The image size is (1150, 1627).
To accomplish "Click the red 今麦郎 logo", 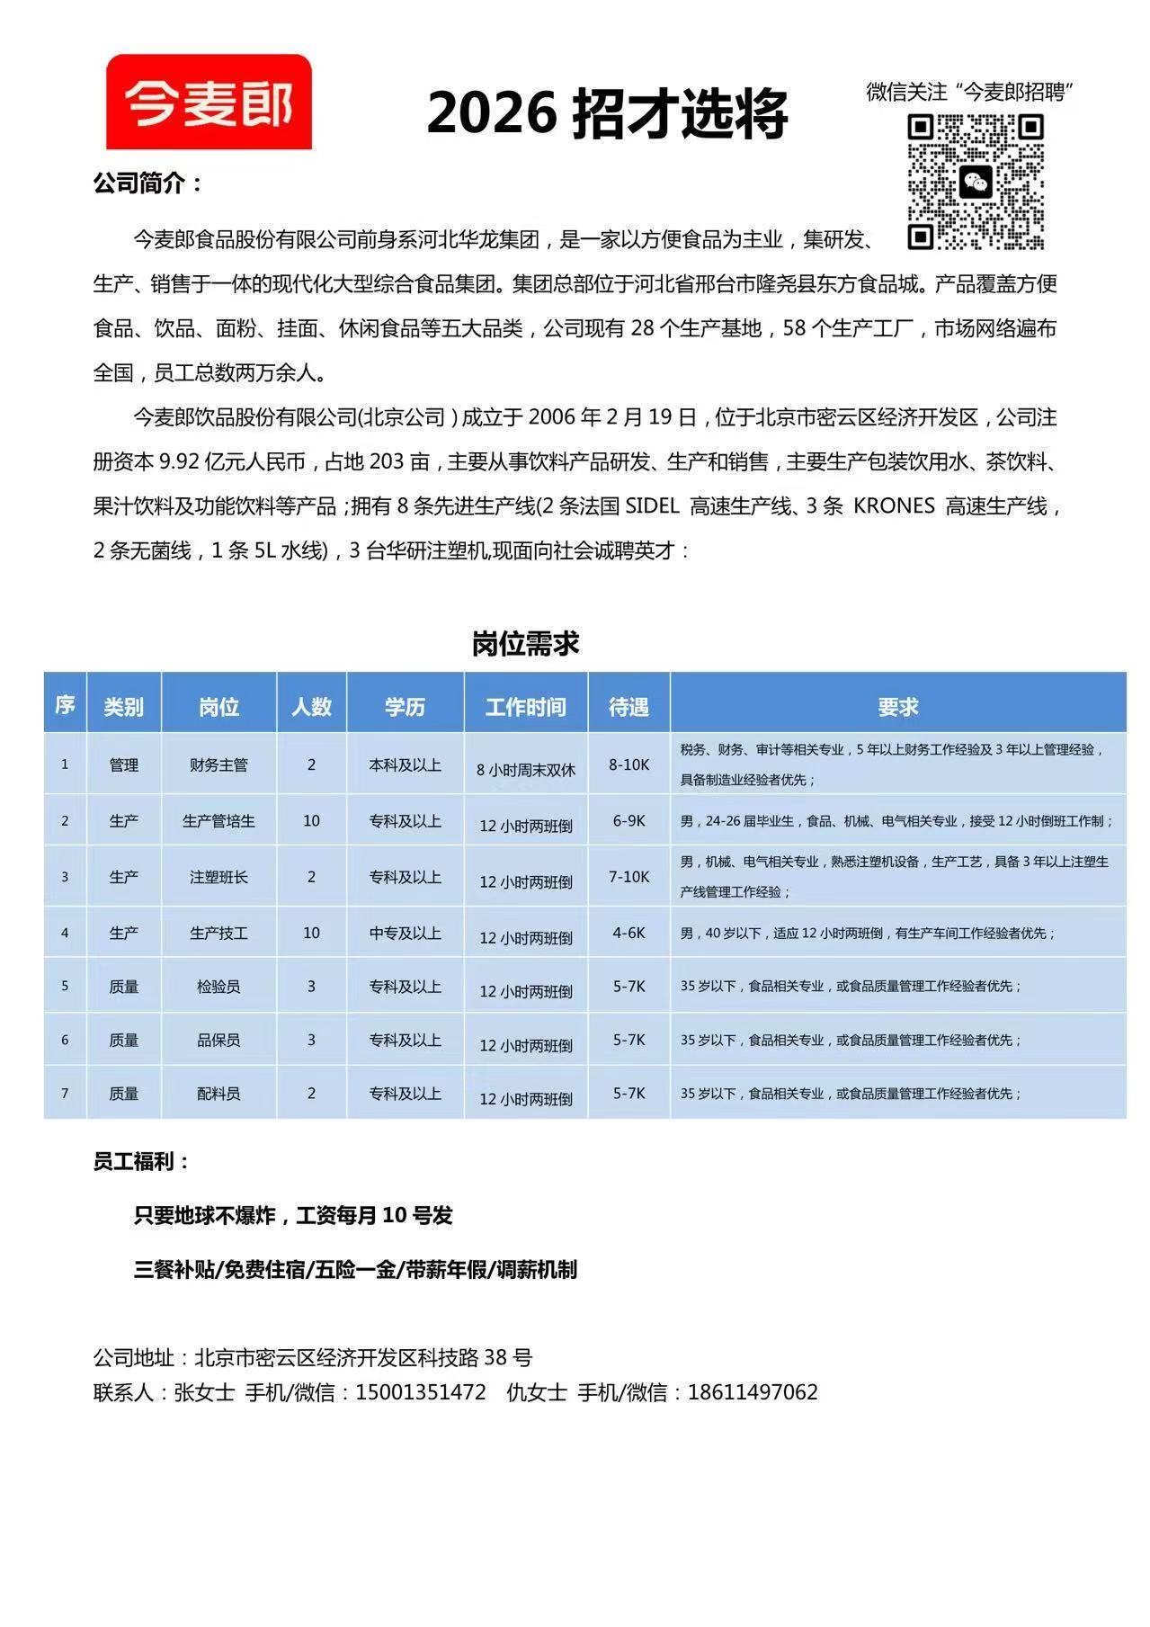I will pyautogui.click(x=209, y=102).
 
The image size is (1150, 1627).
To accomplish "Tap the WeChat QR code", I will pyautogui.click(x=975, y=182).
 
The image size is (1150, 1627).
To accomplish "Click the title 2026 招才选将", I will pyautogui.click(x=607, y=113).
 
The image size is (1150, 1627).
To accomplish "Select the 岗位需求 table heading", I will pyautogui.click(x=525, y=644).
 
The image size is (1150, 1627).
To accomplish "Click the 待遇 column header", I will pyautogui.click(x=628, y=707).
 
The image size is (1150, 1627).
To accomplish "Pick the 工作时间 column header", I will pyautogui.click(x=525, y=707).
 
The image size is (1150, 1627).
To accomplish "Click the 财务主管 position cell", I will pyautogui.click(x=218, y=765).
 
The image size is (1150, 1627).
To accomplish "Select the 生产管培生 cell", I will pyautogui.click(x=218, y=821).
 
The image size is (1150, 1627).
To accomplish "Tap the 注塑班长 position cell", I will pyautogui.click(x=218, y=877).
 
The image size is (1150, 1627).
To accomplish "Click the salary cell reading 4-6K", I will pyautogui.click(x=628, y=933).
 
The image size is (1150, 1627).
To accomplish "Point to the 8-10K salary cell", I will pyautogui.click(x=628, y=764).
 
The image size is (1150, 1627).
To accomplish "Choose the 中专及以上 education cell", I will pyautogui.click(x=405, y=934).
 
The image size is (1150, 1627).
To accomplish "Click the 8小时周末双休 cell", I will pyautogui.click(x=525, y=770).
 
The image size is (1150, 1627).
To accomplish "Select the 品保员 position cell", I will pyautogui.click(x=218, y=1041).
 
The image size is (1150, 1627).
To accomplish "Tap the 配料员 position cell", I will pyautogui.click(x=218, y=1094).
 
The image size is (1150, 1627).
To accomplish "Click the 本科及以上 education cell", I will pyautogui.click(x=405, y=765).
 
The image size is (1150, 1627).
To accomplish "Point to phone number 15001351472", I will pyautogui.click(x=420, y=1392).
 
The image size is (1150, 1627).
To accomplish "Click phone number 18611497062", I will pyautogui.click(x=753, y=1392).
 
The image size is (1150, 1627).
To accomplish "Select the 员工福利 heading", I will pyautogui.click(x=141, y=1161).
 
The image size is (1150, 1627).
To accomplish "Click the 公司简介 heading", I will pyautogui.click(x=147, y=183).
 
